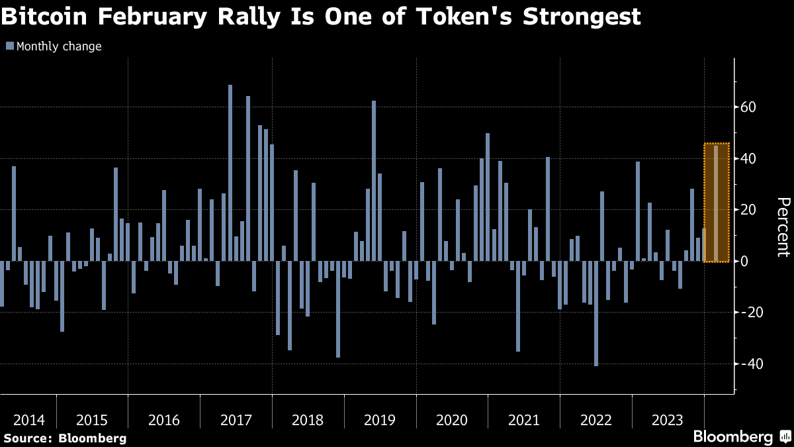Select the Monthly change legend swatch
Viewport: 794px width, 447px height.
10,46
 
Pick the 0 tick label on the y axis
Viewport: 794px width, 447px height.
744,261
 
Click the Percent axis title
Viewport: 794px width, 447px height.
783,227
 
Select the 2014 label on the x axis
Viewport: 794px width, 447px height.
28,420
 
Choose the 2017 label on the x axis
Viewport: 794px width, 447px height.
236,420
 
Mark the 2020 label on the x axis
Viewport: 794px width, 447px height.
452,420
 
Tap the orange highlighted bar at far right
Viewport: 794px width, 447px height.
716,203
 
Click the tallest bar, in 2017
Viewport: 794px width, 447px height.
230,172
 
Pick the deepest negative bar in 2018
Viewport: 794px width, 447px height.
338,309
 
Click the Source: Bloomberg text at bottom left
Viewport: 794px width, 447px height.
65,438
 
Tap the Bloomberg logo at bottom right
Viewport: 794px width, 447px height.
732,436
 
